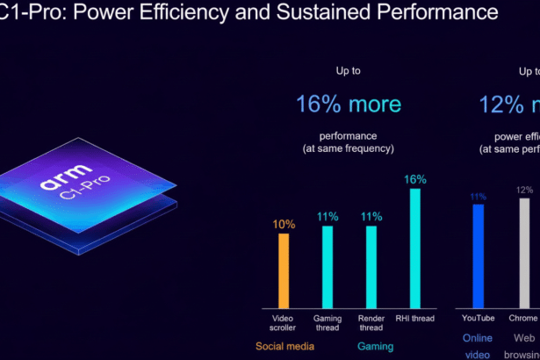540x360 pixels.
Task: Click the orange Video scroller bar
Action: point(284,271)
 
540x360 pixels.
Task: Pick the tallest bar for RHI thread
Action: point(414,248)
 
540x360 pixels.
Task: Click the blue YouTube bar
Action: point(479,256)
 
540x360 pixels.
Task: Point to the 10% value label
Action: point(284,224)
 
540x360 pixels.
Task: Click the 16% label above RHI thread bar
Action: point(415,179)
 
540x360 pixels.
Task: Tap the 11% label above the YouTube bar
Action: point(479,197)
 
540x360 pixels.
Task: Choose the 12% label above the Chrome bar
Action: point(525,190)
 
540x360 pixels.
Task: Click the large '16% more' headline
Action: point(349,104)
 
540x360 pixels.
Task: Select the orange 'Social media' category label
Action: point(284,346)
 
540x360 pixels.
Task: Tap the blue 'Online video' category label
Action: point(479,346)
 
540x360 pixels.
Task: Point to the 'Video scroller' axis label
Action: point(284,322)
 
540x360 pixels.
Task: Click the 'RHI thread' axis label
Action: point(415,317)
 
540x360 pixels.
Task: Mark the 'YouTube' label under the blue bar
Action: point(479,317)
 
